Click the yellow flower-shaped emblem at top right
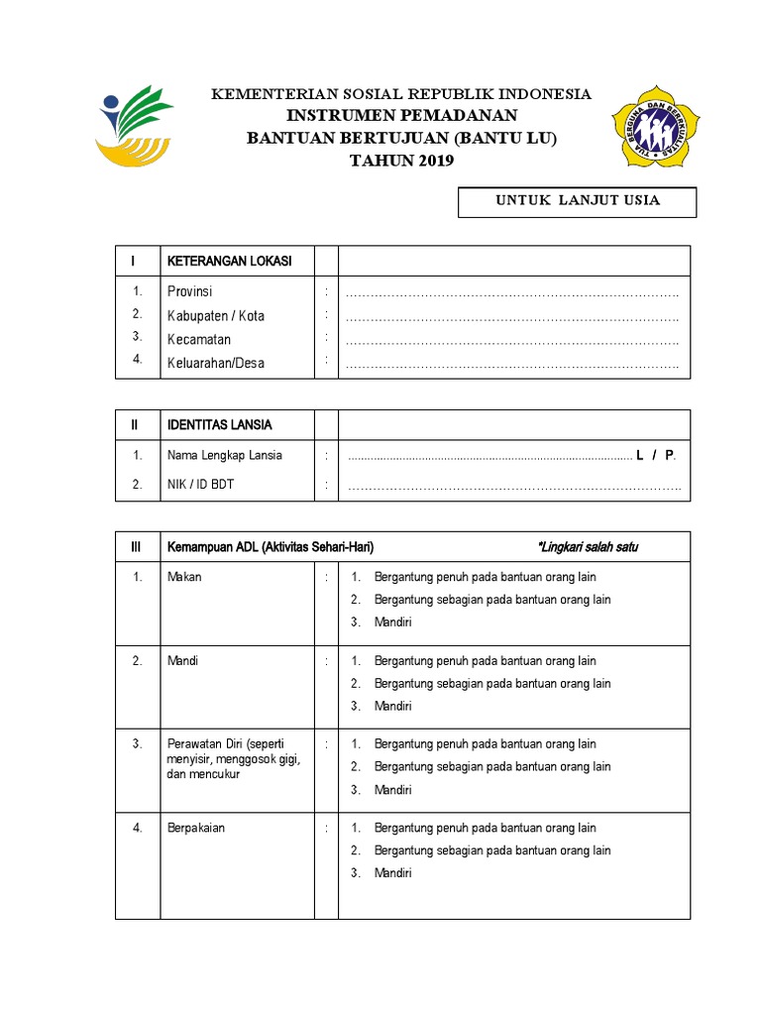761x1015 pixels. pos(655,126)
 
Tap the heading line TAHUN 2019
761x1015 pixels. pos(401,162)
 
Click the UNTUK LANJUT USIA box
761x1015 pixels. pos(577,201)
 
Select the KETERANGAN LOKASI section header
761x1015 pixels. pos(229,261)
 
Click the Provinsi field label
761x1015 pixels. pos(189,291)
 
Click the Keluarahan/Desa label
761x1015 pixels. pos(216,363)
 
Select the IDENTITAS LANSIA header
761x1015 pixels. pos(219,424)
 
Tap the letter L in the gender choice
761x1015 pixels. pos(640,455)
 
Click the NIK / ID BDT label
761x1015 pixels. pos(201,485)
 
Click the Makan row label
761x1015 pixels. pos(184,576)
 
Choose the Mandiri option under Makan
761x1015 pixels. pos(392,622)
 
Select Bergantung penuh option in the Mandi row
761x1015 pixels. pos(485,660)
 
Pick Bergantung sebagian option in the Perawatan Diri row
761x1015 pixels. pos(491,766)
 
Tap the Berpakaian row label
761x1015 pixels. pos(196,828)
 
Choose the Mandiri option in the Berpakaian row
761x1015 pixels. pos(392,873)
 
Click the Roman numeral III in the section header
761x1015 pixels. pos(137,547)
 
